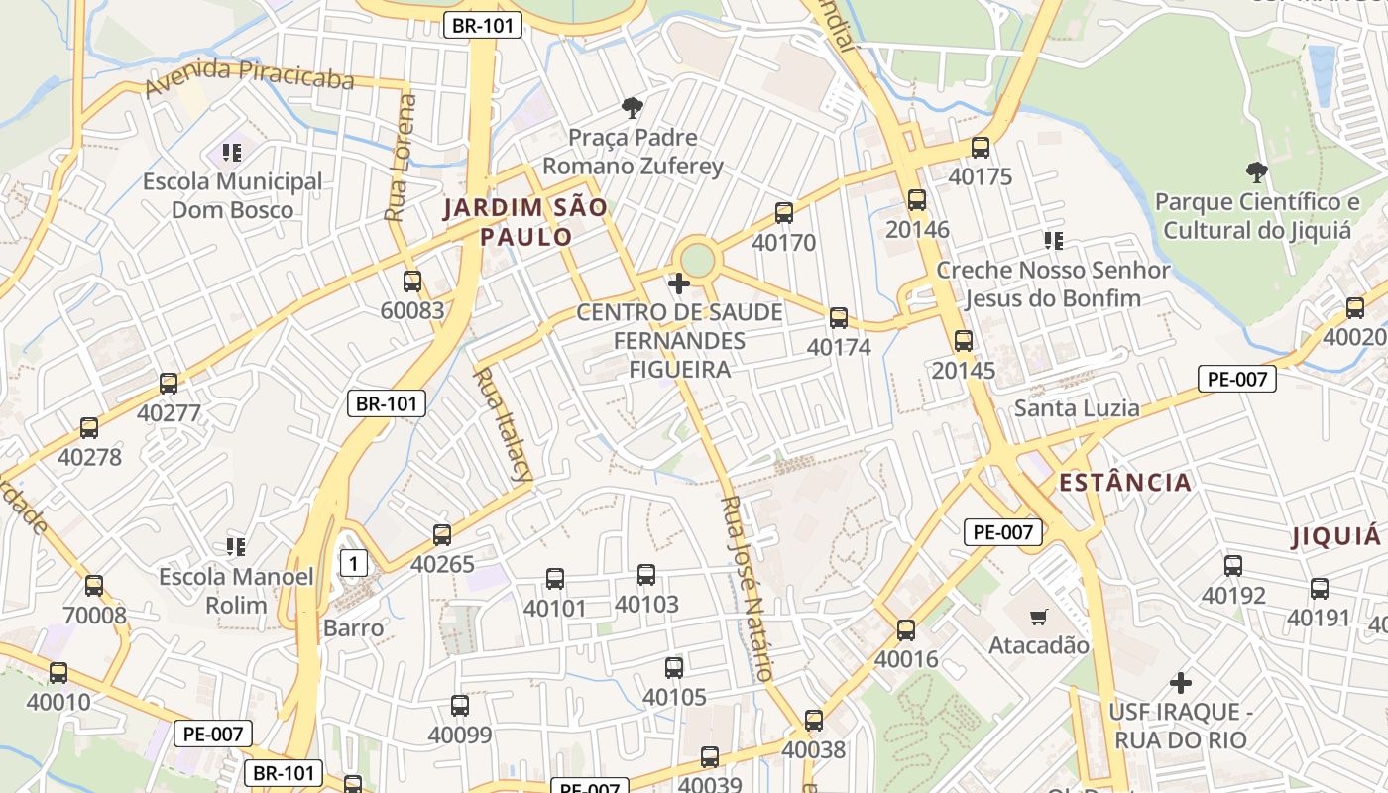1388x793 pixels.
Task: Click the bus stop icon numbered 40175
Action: pos(981,148)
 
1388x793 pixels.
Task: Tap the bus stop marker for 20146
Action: pos(917,200)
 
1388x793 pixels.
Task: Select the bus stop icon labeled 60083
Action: pos(412,282)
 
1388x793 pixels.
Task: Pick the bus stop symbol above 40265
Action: pos(442,535)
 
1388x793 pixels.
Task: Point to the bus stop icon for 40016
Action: pos(906,630)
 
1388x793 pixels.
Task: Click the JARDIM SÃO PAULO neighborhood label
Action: pos(524,222)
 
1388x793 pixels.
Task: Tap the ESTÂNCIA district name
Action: pos(1124,483)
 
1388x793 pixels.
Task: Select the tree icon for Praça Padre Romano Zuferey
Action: pos(632,107)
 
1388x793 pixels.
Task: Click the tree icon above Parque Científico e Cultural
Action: pos(1256,172)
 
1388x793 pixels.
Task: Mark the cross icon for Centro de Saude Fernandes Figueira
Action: pos(679,284)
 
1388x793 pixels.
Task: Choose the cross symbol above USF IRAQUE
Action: pos(1180,683)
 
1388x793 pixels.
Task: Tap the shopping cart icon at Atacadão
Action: pos(1038,618)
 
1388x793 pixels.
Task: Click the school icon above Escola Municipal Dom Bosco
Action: pos(232,153)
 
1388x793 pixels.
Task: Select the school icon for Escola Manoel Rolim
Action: pos(236,546)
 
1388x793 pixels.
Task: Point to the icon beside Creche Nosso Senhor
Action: pos(1053,240)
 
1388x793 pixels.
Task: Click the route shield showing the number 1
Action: pos(354,564)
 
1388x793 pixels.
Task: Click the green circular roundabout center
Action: pos(698,261)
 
